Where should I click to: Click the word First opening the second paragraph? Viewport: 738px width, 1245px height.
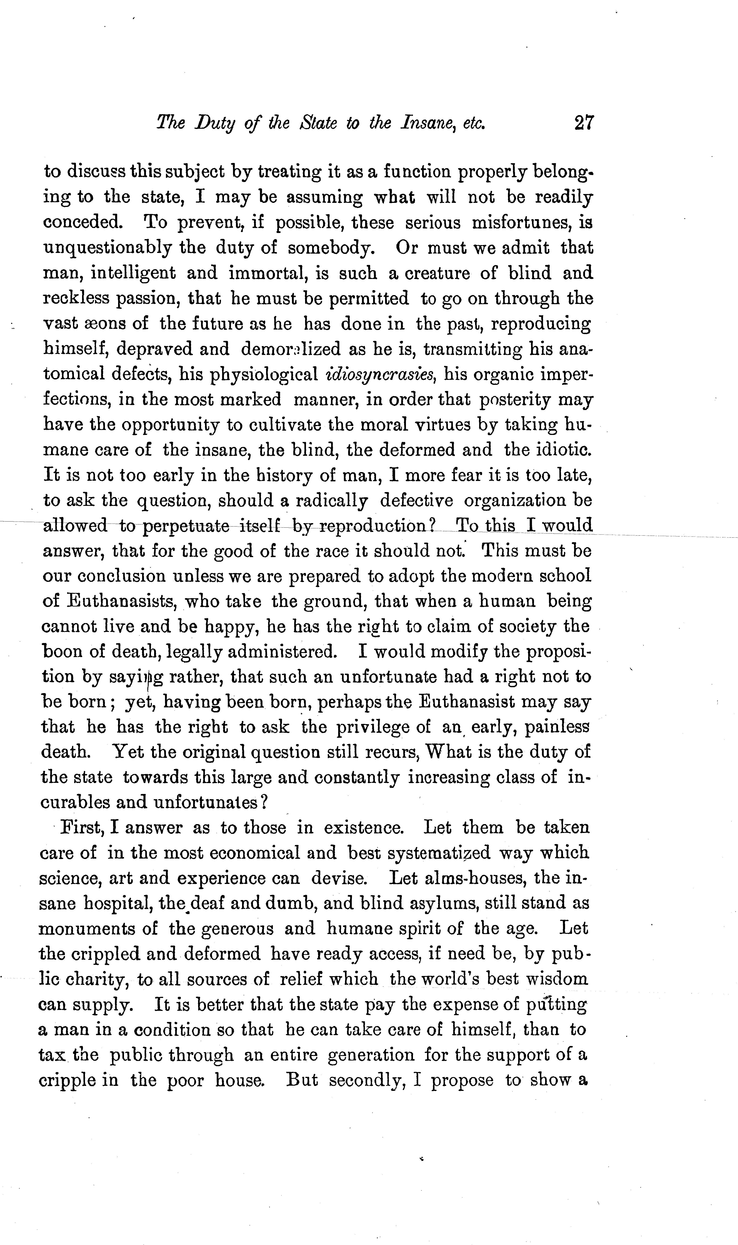pos(82,828)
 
